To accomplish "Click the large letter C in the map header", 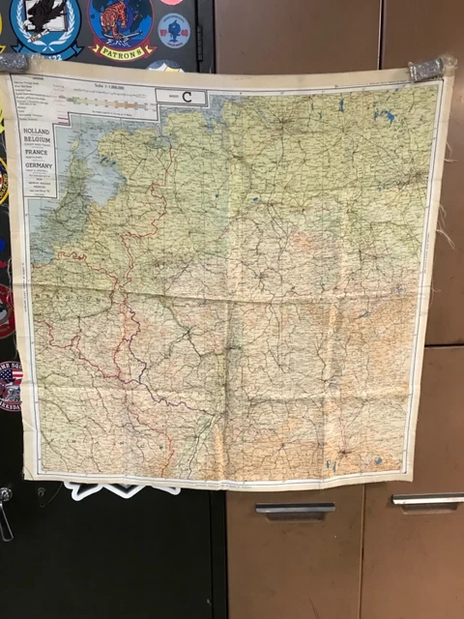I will point(188,97).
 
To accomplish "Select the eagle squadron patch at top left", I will point(45,23).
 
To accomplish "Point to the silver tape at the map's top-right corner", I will point(430,69).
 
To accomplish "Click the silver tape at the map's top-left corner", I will point(13,63).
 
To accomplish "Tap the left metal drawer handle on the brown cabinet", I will point(295,508).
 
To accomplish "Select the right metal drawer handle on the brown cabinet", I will point(427,500).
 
